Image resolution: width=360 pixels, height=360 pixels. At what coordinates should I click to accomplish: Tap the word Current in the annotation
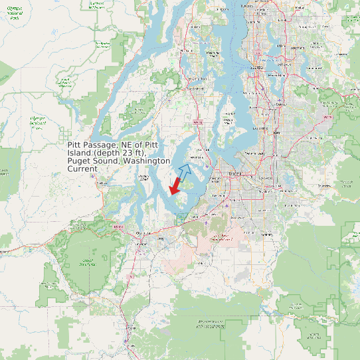82,169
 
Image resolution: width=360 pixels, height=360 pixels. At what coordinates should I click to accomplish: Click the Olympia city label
140,234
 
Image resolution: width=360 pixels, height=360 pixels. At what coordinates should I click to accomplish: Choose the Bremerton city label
194,87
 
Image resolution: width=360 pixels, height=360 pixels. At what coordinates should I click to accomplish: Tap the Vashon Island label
229,119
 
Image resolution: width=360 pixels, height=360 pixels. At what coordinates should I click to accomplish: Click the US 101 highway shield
119,227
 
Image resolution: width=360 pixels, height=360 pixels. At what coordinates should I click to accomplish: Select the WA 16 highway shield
197,122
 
